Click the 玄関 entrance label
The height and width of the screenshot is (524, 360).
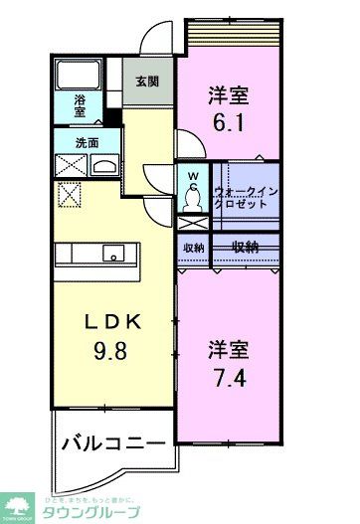point(147,82)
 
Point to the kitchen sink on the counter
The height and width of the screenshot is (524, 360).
point(114,256)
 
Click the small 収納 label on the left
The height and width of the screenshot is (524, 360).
point(193,248)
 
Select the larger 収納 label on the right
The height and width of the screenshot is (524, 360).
point(247,247)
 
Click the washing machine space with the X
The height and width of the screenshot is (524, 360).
point(70,165)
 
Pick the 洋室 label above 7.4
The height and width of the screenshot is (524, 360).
point(228,349)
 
